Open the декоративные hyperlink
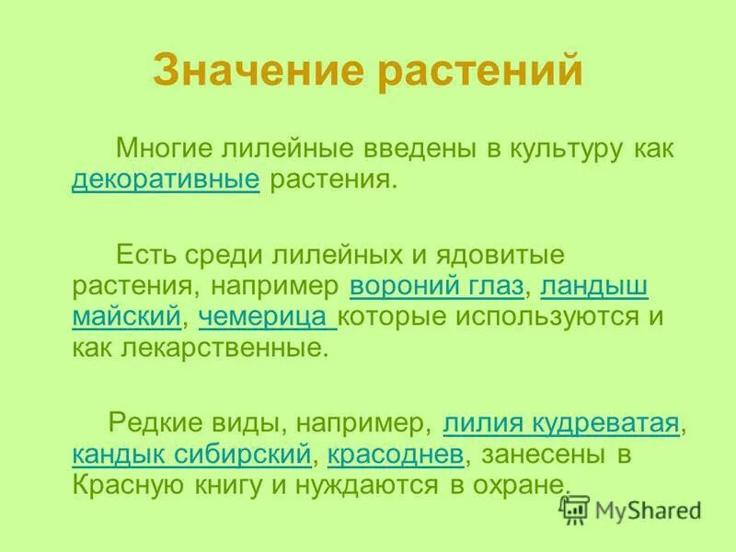tap(165, 179)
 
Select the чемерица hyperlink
tap(267, 317)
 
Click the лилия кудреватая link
tap(561, 424)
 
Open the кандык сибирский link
tap(190, 454)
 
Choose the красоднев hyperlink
tap(397, 454)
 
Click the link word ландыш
tap(594, 286)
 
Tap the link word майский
tap(126, 317)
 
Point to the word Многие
tap(161, 148)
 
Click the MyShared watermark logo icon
tap(575, 509)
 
